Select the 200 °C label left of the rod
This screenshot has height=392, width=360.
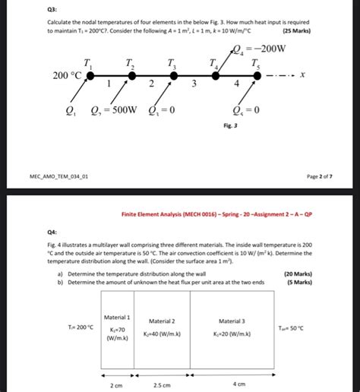[x=66, y=75]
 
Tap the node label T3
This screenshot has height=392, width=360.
[x=172, y=63]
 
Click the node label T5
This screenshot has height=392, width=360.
[x=257, y=63]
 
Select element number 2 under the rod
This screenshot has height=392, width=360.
[x=153, y=84]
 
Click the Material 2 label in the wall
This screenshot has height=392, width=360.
[x=162, y=321]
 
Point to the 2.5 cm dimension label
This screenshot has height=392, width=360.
[x=163, y=385]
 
